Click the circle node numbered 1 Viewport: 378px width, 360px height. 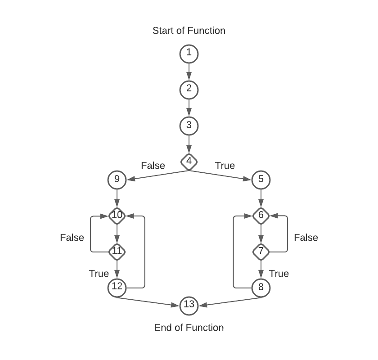189,53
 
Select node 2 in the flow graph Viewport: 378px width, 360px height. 189,89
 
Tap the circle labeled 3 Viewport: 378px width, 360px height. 189,125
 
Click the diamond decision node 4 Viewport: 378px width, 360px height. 189,161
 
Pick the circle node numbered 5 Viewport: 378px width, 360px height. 261,180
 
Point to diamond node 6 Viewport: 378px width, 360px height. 261,216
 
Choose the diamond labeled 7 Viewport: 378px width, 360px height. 261,252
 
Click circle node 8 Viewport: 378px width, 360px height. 261,288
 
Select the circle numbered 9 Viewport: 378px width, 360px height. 117,180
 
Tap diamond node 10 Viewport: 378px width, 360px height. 117,216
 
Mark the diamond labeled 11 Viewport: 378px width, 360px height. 117,252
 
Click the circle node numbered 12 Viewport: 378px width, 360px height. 117,288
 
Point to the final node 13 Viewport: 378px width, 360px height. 189,305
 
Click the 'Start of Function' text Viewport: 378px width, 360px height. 189,31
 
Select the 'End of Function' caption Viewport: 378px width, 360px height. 189,328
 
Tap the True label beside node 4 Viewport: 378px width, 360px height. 225,166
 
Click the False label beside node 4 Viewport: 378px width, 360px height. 153,166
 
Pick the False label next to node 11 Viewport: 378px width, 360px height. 72,238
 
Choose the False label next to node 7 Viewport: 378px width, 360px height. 306,238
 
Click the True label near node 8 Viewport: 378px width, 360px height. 279,274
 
